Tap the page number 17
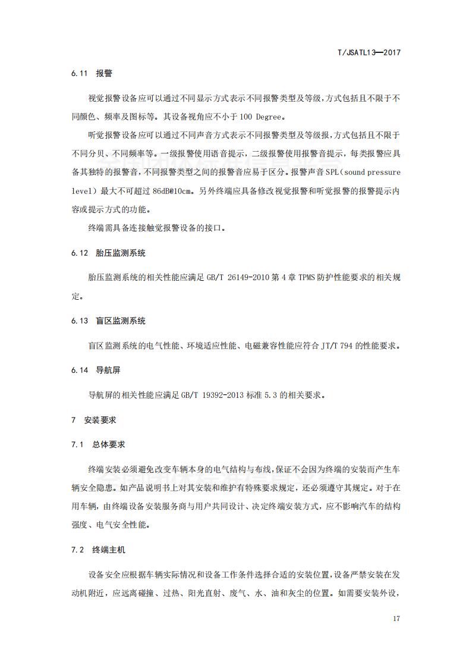click(x=397, y=619)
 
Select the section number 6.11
click(x=79, y=74)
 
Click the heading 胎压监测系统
click(x=121, y=253)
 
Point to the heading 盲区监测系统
click(x=121, y=321)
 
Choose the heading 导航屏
click(x=108, y=369)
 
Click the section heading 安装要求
click(x=100, y=419)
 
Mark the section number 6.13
click(x=79, y=321)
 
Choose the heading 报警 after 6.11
click(x=104, y=74)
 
